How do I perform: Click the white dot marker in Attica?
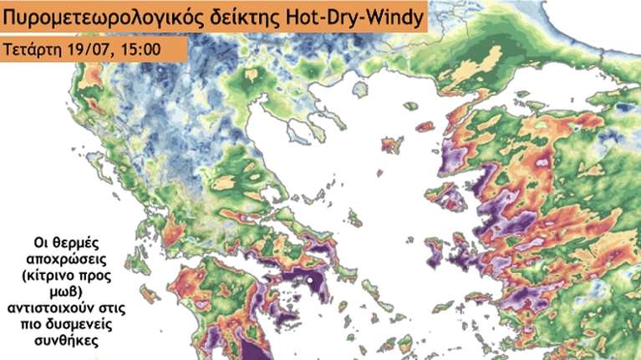pyautogui.click(x=310, y=281)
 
